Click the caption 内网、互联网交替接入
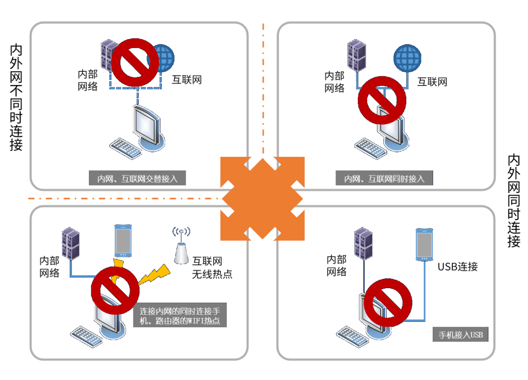click(x=137, y=178)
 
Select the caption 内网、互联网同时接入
click(x=384, y=178)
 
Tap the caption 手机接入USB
click(x=461, y=335)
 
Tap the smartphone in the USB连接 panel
click(x=424, y=245)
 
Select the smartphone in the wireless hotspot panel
click(x=123, y=240)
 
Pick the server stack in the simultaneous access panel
click(x=357, y=56)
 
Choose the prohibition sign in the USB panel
click(x=388, y=303)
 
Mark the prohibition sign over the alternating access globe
click(x=135, y=62)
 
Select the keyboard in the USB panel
click(x=352, y=337)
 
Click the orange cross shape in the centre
click(x=263, y=199)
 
